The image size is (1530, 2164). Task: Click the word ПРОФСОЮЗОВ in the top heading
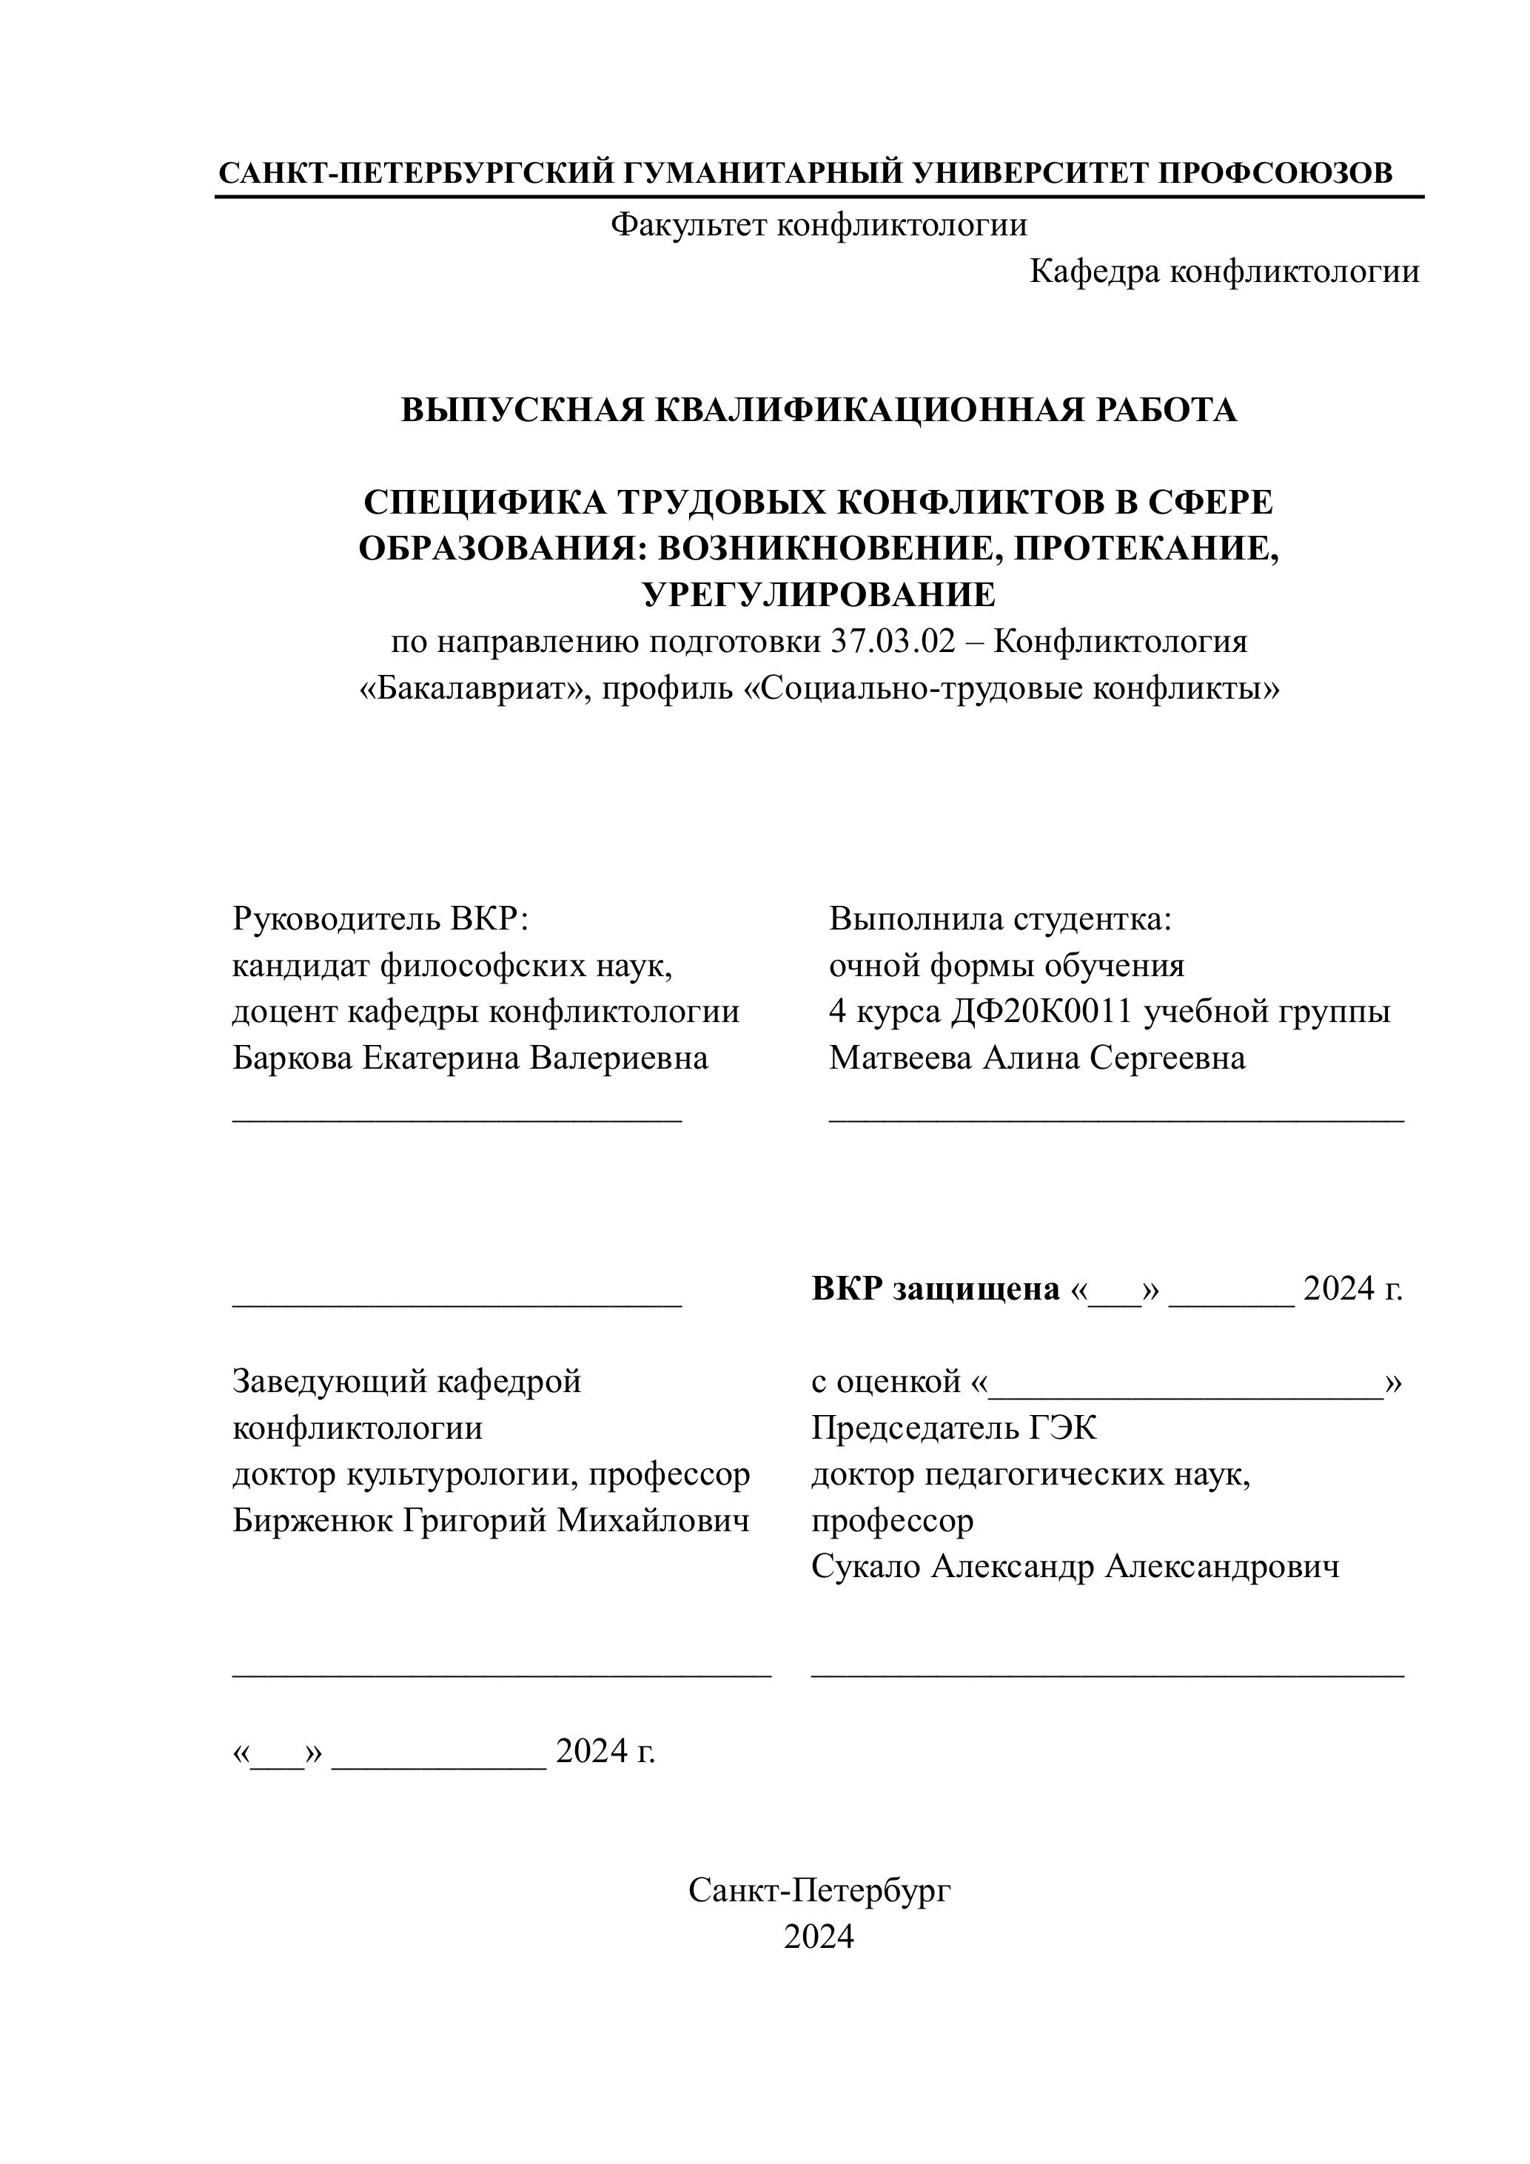click(x=1275, y=173)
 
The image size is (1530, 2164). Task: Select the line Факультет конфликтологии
click(x=818, y=225)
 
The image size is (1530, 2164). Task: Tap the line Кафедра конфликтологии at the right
click(x=1224, y=272)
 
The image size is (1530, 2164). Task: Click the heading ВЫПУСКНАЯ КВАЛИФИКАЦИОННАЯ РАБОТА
click(x=818, y=410)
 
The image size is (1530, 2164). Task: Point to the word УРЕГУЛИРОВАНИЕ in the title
click(x=818, y=595)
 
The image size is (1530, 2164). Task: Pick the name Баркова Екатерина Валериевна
click(x=469, y=1058)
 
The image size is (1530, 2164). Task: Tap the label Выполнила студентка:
click(x=999, y=919)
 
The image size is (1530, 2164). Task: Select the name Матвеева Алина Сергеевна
click(x=1036, y=1058)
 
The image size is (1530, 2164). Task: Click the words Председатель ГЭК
click(x=953, y=1429)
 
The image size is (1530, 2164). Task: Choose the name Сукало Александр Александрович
click(x=1075, y=1567)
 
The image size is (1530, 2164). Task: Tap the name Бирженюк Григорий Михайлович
click(x=490, y=1521)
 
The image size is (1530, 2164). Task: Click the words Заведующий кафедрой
click(x=406, y=1382)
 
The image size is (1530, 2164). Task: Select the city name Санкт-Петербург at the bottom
click(x=818, y=1891)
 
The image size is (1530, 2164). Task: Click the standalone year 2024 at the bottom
click(x=818, y=1937)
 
